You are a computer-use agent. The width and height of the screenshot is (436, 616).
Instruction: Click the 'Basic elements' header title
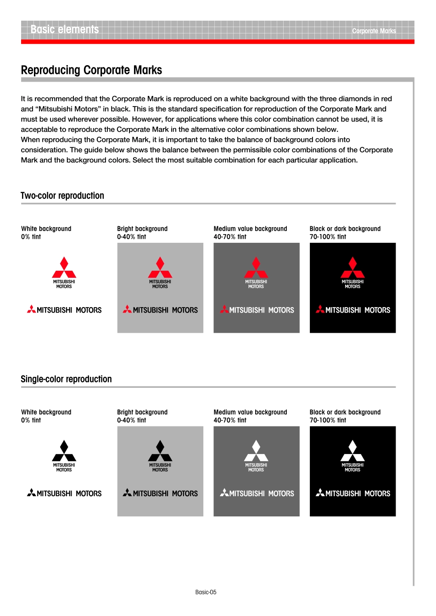click(65, 29)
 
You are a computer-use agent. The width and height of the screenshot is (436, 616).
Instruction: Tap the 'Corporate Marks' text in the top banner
click(374, 31)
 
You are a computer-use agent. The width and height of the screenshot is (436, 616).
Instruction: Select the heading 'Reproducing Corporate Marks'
click(91, 70)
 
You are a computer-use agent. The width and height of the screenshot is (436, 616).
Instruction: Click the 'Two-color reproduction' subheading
click(62, 196)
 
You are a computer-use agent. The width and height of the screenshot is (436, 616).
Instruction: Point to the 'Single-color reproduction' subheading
click(66, 379)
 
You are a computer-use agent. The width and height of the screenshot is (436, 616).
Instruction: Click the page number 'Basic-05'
click(206, 592)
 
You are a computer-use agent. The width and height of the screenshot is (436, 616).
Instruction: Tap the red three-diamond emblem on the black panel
click(352, 268)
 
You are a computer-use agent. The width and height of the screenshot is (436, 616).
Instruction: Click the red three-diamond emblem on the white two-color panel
click(64, 268)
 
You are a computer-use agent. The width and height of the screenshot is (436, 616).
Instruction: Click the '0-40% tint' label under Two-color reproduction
click(132, 237)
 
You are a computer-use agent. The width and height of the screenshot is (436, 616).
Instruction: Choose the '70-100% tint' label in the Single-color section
click(328, 420)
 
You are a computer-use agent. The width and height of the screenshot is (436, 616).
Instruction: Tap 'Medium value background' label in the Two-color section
click(250, 229)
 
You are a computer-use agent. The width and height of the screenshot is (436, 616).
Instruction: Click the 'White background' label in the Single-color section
click(46, 412)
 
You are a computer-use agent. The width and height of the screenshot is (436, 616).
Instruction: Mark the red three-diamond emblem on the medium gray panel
click(256, 268)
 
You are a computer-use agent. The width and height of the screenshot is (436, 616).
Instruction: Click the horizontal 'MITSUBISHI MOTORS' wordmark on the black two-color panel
click(353, 310)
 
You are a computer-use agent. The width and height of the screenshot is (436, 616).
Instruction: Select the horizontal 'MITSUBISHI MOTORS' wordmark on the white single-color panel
click(64, 493)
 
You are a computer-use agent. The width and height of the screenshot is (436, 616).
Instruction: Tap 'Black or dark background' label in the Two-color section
click(345, 229)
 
